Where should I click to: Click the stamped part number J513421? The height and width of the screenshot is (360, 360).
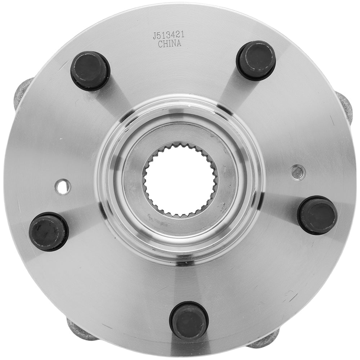coord(169,36)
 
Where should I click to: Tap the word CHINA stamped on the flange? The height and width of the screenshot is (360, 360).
coord(170,44)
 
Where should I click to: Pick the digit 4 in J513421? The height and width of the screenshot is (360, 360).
coord(174,36)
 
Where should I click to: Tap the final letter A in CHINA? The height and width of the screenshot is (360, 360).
coord(179,44)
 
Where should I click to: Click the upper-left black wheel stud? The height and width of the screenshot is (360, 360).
coord(90,71)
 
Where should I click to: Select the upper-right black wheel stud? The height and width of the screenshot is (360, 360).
coord(256,60)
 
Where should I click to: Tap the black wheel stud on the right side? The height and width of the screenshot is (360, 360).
coord(317,215)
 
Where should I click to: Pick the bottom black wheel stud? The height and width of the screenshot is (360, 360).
coord(189,320)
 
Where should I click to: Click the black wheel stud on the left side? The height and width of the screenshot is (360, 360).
coord(49,231)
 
